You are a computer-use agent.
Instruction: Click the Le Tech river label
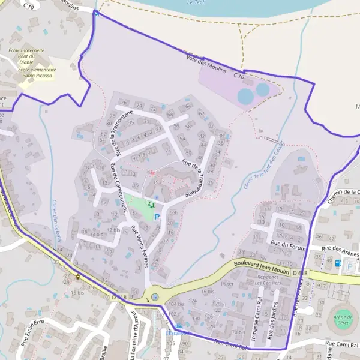coord(197,3)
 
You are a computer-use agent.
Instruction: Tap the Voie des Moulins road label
coord(207,67)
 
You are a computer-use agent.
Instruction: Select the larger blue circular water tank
coord(245,96)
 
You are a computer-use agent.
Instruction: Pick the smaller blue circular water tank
coord(262,90)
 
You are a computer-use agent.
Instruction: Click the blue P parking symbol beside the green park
coord(157,217)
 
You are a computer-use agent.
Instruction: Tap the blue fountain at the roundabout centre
coord(155,296)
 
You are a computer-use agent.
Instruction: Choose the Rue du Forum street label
coord(289,245)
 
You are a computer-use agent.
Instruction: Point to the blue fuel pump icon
coord(337,262)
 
